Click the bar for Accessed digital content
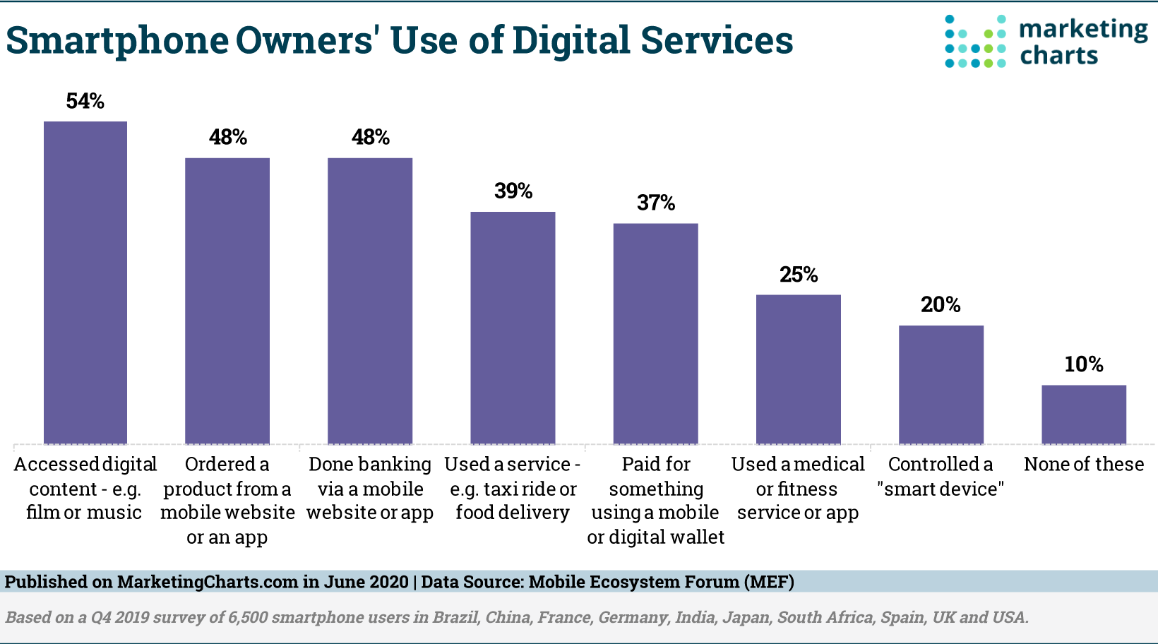[x=85, y=282]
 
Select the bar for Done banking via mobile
[x=370, y=301]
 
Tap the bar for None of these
[x=1084, y=415]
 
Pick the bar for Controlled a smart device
[x=941, y=385]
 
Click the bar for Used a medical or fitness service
[x=799, y=369]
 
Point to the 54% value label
[x=85, y=102]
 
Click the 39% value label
[x=513, y=191]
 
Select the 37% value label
[x=656, y=203]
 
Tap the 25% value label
[x=799, y=275]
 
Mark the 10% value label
[x=1084, y=364]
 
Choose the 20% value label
[x=941, y=305]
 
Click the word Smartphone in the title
[x=117, y=41]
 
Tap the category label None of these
[x=1084, y=465]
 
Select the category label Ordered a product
[x=227, y=501]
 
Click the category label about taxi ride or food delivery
[x=513, y=489]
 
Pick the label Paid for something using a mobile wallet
[x=656, y=501]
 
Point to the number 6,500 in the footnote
[x=248, y=617]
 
